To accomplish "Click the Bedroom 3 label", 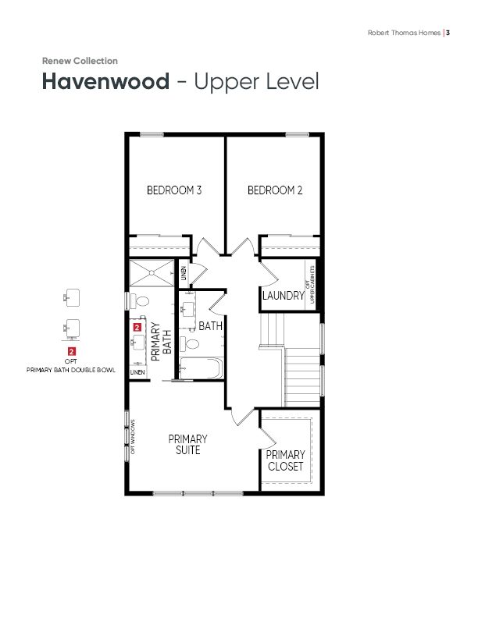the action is pyautogui.click(x=174, y=190).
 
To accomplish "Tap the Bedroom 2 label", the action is pyautogui.click(x=275, y=190).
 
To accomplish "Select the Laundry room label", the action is pyautogui.click(x=284, y=295).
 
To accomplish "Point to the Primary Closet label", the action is pyautogui.click(x=286, y=460).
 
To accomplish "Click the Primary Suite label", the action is pyautogui.click(x=187, y=445).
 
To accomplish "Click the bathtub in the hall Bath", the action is pyautogui.click(x=202, y=368).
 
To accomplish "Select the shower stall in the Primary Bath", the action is pyautogui.click(x=152, y=272).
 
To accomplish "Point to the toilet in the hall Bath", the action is pyautogui.click(x=190, y=344).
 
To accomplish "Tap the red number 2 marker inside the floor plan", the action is pyautogui.click(x=137, y=327).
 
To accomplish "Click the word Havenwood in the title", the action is pyautogui.click(x=105, y=81).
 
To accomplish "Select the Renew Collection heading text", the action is pyautogui.click(x=80, y=61).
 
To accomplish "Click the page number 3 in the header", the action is pyautogui.click(x=448, y=33).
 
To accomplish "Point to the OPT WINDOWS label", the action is pyautogui.click(x=133, y=437).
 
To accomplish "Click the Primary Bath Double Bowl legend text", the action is pyautogui.click(x=71, y=370).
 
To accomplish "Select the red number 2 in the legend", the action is pyautogui.click(x=71, y=351).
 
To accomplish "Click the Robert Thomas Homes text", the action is pyautogui.click(x=404, y=33).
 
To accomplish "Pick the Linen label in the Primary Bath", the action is pyautogui.click(x=137, y=372).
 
